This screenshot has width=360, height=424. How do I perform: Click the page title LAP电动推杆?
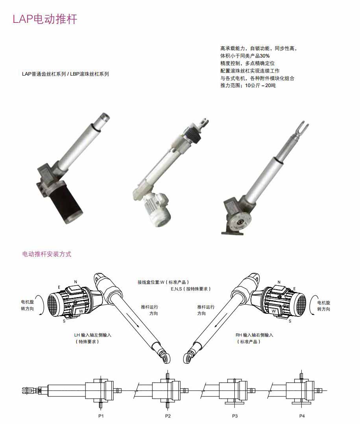pyautogui.click(x=45, y=19)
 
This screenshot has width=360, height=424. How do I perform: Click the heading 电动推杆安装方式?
pyautogui.click(x=47, y=254)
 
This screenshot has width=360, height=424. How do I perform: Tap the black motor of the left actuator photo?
pyautogui.click(x=66, y=201)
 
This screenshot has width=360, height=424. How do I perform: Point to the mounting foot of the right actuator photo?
pyautogui.click(x=232, y=232)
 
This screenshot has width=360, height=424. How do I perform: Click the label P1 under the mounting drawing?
pyautogui.click(x=101, y=416)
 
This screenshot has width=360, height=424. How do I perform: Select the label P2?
pyautogui.click(x=168, y=416)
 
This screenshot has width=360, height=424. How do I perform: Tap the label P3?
pyautogui.click(x=235, y=416)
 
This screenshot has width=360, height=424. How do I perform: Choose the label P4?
pyautogui.click(x=302, y=416)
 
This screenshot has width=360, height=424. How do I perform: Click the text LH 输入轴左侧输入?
pyautogui.click(x=93, y=335)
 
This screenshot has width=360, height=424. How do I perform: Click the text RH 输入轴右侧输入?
pyautogui.click(x=254, y=335)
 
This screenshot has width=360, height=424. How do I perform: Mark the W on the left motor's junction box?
pyautogui.click(x=81, y=311)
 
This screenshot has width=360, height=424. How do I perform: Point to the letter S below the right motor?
pyautogui.click(x=290, y=321)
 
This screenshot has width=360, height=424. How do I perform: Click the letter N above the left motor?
pyautogui.click(x=76, y=282)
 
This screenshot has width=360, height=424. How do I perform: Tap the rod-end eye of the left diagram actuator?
pyautogui.click(x=165, y=358)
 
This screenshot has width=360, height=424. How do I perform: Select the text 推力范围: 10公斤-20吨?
pyautogui.click(x=248, y=86)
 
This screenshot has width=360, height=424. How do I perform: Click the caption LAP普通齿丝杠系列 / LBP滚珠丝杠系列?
pyautogui.click(x=65, y=74)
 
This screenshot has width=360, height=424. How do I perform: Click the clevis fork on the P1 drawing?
pyautogui.click(x=28, y=391)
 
